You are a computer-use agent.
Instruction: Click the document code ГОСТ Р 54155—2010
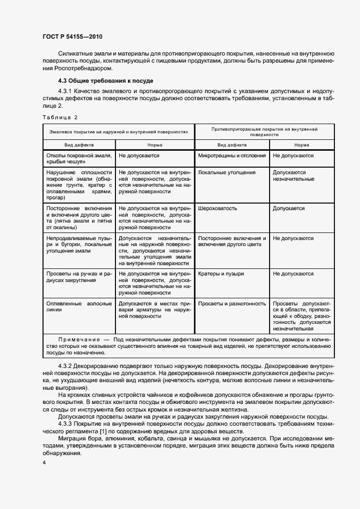point(72,36)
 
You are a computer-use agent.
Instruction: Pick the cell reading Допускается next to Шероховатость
point(289,208)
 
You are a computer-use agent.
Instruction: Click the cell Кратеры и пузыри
point(221,273)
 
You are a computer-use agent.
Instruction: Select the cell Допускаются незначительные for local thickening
point(289,176)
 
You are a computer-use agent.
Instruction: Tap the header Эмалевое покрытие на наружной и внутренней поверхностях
point(119,131)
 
